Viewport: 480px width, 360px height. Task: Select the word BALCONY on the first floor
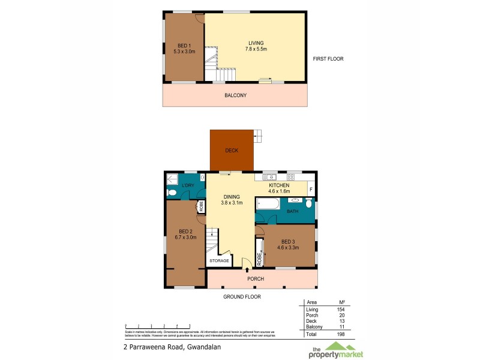click(x=235, y=95)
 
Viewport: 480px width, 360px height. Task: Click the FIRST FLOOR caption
click(x=328, y=59)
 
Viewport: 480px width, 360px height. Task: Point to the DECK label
click(x=232, y=150)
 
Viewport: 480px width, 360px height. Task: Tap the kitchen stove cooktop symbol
click(x=293, y=176)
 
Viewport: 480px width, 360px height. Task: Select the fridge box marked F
click(x=310, y=190)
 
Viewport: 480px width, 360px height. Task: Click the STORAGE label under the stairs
click(x=218, y=260)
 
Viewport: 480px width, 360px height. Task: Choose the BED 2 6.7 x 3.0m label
click(x=185, y=234)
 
